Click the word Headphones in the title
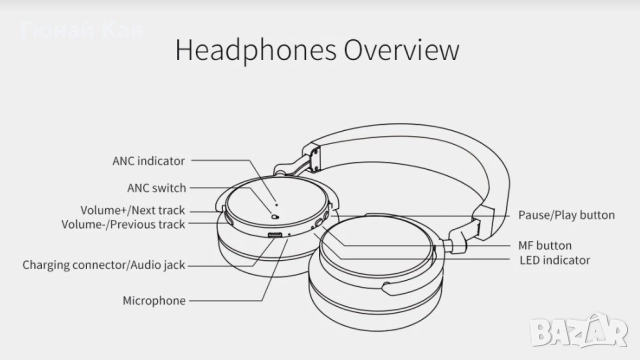point(252,51)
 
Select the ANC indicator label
point(148,160)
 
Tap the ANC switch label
point(156,186)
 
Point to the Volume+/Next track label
point(133,211)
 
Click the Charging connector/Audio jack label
point(104,265)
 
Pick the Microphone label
point(154,300)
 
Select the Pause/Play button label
point(566,215)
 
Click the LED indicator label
point(555,260)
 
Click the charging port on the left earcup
point(275,235)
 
